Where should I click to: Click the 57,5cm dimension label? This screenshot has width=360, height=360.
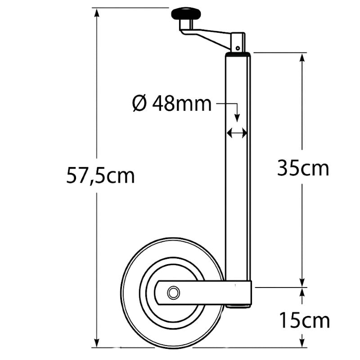coord(100,175)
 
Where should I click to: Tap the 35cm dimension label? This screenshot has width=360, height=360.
coord(303,168)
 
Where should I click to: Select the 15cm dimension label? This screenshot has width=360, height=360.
coord(305,320)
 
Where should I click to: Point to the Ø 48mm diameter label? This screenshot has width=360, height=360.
coord(172,103)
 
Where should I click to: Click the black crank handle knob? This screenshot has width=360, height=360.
coord(186,14)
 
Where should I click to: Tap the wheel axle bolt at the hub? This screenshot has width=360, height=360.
coord(173,293)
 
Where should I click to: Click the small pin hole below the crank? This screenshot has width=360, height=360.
coord(238,48)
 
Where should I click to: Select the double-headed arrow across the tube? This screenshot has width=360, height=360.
coord(237,133)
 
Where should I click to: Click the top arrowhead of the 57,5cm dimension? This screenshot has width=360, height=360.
coord(97,13)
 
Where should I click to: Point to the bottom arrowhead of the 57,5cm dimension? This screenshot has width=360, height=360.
coord(97,342)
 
